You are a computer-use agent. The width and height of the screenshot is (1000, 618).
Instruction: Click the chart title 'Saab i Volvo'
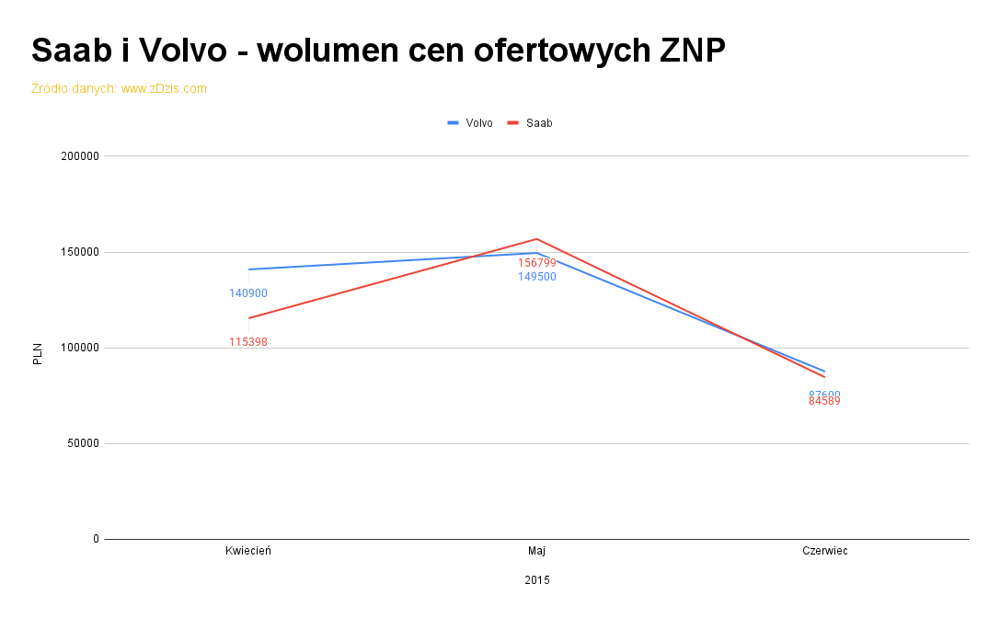(378, 50)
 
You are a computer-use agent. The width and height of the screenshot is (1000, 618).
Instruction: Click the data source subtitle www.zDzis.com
(119, 88)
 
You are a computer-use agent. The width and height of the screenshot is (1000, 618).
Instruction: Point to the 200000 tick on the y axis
(80, 156)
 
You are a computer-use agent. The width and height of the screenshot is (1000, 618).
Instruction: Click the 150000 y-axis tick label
(80, 252)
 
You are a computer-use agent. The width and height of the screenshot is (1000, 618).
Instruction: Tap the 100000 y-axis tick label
(80, 348)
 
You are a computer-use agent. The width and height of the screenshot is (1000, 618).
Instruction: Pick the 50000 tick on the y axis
(83, 443)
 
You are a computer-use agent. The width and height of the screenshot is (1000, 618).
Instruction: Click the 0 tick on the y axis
(96, 539)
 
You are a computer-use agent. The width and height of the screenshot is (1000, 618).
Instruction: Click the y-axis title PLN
(38, 354)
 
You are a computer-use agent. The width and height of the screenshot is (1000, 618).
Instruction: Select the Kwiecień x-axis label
(248, 551)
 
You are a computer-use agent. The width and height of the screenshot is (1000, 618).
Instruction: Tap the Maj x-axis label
(536, 551)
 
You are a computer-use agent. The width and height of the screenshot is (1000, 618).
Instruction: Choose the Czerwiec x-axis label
(824, 551)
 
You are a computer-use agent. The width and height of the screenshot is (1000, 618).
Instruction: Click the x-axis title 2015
(537, 580)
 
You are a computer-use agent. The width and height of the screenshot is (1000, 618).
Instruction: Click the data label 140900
(248, 293)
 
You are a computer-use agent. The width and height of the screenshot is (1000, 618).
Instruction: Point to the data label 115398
(248, 342)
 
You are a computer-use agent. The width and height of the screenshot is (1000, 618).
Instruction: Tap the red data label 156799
(537, 263)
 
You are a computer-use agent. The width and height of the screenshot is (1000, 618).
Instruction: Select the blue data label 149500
(537, 277)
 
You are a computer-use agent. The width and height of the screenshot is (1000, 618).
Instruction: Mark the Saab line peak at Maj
(536, 239)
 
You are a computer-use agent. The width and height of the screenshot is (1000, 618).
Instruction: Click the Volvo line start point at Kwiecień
(248, 269)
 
